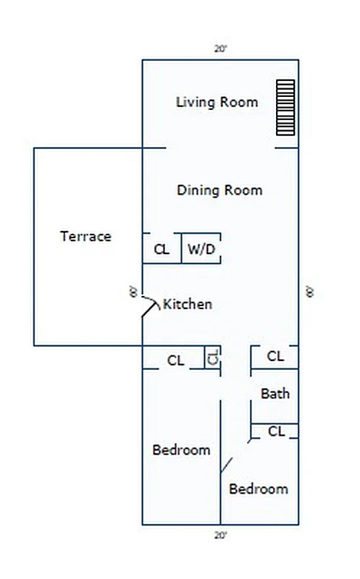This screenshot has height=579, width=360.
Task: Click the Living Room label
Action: click(x=217, y=102)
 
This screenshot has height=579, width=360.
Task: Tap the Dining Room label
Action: click(x=219, y=190)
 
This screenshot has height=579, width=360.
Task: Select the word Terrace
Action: click(x=85, y=237)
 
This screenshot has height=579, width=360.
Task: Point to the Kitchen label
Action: click(x=188, y=304)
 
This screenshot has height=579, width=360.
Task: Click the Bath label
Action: click(x=275, y=394)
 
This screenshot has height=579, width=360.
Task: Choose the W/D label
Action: click(x=201, y=250)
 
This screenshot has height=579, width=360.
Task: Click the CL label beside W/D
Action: click(x=162, y=250)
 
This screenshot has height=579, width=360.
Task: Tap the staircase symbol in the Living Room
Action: click(x=286, y=107)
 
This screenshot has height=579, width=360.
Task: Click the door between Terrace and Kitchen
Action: click(x=151, y=306)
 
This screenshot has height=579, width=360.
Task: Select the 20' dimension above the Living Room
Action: click(x=220, y=49)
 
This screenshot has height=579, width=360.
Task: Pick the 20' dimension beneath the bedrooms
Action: click(x=220, y=536)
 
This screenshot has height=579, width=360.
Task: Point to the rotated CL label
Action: click(x=213, y=357)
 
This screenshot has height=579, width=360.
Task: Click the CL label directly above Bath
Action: click(x=275, y=356)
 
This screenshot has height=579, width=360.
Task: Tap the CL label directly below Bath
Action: click(x=276, y=431)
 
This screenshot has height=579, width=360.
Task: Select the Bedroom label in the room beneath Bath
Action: click(x=259, y=489)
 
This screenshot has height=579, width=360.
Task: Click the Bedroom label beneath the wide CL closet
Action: click(x=181, y=450)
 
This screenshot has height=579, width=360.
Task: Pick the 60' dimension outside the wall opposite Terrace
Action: click(x=309, y=292)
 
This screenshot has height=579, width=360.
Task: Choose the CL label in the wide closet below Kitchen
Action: click(x=175, y=360)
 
